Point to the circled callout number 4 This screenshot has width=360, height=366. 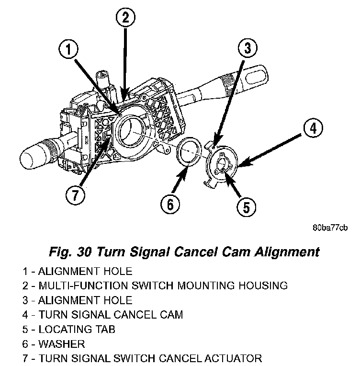312,129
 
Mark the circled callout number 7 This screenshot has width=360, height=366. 75,195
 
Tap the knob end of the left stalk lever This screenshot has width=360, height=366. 30,158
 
